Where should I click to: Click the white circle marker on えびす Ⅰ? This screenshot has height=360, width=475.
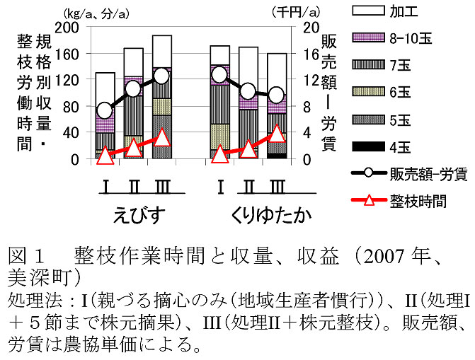tap(105, 110)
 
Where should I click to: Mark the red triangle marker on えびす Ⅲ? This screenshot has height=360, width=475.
tap(161, 137)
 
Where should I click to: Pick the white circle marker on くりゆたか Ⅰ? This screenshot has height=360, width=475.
tap(220, 74)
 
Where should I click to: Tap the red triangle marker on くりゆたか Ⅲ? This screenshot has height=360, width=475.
tap(277, 134)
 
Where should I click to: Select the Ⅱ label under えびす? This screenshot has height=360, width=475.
tap(134, 187)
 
